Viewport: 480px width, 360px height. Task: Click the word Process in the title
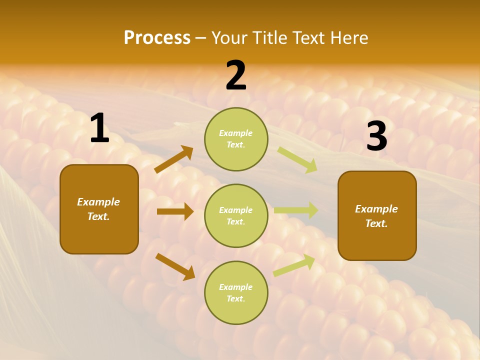pos(157,37)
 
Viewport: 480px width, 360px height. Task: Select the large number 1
pos(99,129)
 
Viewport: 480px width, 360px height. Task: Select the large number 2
pos(236,75)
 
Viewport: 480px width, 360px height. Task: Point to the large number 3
pos(376,136)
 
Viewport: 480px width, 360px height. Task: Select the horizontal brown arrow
pos(175,211)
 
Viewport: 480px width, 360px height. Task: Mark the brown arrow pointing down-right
pos(175,266)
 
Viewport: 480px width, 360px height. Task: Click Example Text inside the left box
pos(98,209)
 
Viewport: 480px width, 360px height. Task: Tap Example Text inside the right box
pos(376,216)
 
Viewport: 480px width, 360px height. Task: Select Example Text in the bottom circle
pos(236,293)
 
